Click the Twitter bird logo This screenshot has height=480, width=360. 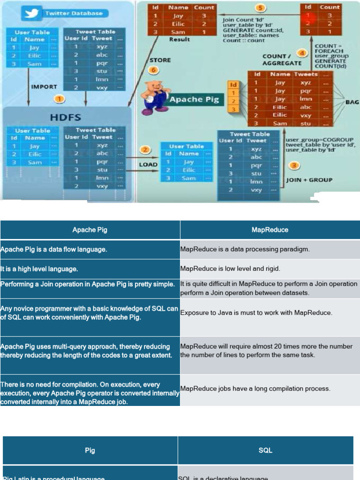(32, 13)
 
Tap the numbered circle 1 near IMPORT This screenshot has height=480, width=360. (60, 99)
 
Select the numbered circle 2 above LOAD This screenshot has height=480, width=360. (145, 150)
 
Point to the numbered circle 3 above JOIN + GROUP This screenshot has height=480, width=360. (294, 165)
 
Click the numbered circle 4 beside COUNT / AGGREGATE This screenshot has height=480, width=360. (303, 53)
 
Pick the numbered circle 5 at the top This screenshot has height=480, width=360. (260, 8)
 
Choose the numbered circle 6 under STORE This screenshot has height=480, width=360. (153, 70)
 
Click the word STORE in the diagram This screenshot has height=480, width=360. (160, 60)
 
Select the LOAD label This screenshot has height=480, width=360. (148, 165)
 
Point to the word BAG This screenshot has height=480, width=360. (352, 102)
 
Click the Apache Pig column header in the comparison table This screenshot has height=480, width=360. (90, 230)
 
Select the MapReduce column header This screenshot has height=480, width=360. (270, 230)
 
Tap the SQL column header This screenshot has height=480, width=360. (265, 450)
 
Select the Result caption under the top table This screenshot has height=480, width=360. (179, 40)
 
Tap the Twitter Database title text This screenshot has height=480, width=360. (74, 13)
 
